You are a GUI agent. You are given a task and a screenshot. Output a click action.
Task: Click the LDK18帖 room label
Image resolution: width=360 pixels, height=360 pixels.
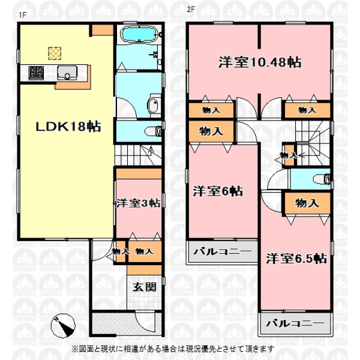[68, 127]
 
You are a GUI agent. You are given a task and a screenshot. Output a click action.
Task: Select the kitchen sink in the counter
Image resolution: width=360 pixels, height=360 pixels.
[67, 73]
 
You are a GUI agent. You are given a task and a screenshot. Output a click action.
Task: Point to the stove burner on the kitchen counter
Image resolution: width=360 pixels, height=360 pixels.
[36, 73]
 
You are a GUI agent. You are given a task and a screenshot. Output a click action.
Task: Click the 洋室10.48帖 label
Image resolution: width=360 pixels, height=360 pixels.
[260, 62]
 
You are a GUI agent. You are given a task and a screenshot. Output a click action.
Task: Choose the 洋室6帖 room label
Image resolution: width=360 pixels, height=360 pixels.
[218, 191]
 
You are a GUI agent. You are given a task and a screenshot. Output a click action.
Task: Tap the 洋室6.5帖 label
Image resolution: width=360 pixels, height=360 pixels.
[296, 259]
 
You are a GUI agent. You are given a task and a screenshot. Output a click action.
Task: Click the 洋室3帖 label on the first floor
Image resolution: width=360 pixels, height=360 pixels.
[139, 203]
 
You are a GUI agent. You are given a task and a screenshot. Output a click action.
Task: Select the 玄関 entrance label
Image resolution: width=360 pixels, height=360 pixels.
[145, 287]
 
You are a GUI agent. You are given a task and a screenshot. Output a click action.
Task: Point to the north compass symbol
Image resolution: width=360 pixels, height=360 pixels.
[63, 325]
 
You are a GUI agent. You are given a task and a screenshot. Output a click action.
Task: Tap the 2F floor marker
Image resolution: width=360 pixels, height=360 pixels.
[191, 10]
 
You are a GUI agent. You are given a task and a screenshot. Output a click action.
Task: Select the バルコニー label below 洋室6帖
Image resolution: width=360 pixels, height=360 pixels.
[222, 251]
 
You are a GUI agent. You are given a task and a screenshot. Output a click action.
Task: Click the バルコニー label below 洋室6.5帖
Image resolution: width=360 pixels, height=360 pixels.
[295, 323]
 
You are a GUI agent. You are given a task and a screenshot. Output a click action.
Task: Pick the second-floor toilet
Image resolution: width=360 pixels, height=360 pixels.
[322, 179]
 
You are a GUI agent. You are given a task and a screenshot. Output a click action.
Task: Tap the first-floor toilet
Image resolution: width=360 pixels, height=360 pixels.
[154, 131]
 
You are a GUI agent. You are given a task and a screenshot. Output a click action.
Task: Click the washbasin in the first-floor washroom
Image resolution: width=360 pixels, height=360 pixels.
[153, 106]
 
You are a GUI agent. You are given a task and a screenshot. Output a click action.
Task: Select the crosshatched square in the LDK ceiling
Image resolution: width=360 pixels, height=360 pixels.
[55, 53]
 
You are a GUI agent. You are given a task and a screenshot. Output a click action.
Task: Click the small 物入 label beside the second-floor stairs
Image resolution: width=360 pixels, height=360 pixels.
[289, 155]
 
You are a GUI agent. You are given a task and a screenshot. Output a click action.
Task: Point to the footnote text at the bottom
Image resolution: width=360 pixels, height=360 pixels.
[173, 349]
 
